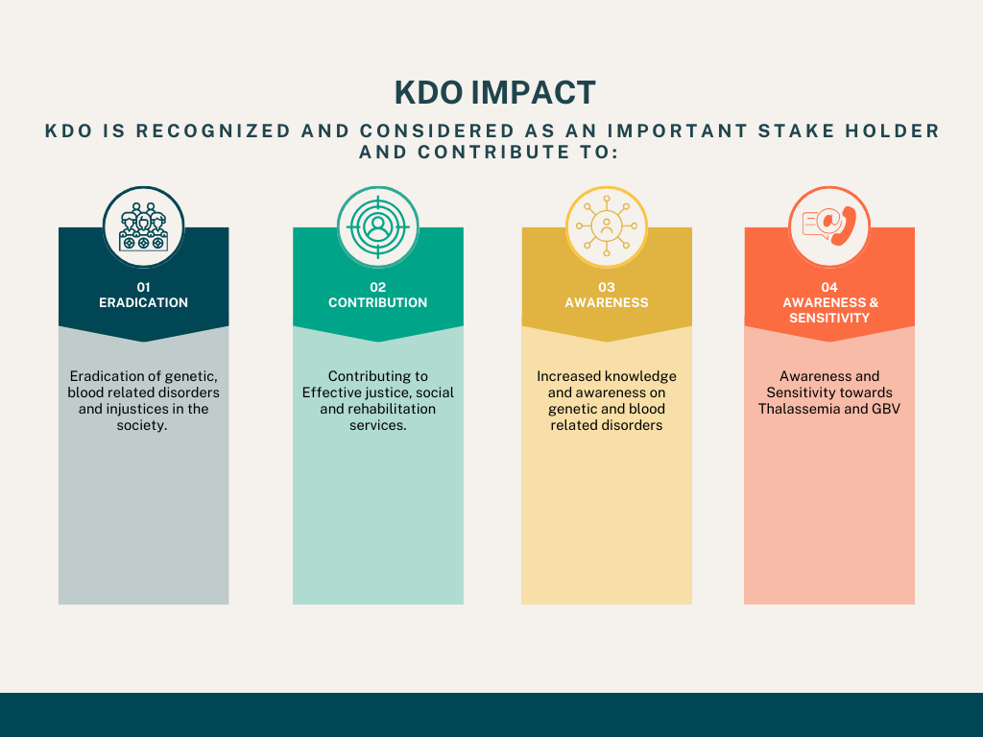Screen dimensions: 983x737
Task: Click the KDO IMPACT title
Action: coord(494,93)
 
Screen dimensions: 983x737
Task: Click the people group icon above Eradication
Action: coord(144,226)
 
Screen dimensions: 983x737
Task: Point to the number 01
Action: coord(144,287)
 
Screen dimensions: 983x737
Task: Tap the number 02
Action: coord(378,287)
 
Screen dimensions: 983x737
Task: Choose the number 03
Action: coord(607,287)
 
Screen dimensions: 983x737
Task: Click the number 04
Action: coord(829,287)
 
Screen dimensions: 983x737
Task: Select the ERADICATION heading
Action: coord(144,302)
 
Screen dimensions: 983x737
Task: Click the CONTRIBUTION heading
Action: coord(378,302)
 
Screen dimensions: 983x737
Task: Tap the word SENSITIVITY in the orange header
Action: coord(829,319)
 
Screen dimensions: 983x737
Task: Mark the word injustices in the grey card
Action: coord(135,409)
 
